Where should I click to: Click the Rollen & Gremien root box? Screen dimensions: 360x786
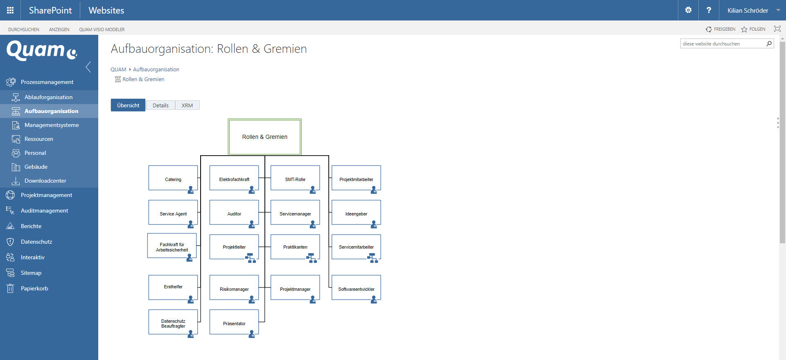pos(264,137)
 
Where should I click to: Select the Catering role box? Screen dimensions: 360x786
pos(173,178)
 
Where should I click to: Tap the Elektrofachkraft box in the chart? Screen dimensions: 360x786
pos(234,178)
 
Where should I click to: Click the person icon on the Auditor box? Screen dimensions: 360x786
pos(252,224)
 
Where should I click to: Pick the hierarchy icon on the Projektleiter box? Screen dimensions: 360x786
pos(251,258)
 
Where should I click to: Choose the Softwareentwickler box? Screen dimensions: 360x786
pos(356,288)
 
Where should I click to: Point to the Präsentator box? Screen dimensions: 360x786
pos(234,322)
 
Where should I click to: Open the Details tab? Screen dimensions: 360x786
pos(160,105)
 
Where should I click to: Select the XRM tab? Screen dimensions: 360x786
pos(187,105)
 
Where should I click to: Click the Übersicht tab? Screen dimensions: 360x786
pos(128,105)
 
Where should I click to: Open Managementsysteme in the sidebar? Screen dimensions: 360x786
pos(52,125)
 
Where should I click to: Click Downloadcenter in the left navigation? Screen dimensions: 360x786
pos(45,181)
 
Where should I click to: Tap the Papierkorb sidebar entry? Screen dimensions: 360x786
pos(34,288)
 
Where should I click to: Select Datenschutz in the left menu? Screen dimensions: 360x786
pos(36,242)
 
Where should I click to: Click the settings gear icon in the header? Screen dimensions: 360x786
pos(688,10)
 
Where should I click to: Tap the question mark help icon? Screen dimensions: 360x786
pos(709,10)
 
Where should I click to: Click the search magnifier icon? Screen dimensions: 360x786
pos(769,44)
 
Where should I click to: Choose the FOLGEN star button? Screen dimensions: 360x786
pos(753,29)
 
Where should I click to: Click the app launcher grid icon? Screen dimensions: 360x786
pos(10,10)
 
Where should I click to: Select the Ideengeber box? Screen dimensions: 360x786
pos(356,213)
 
